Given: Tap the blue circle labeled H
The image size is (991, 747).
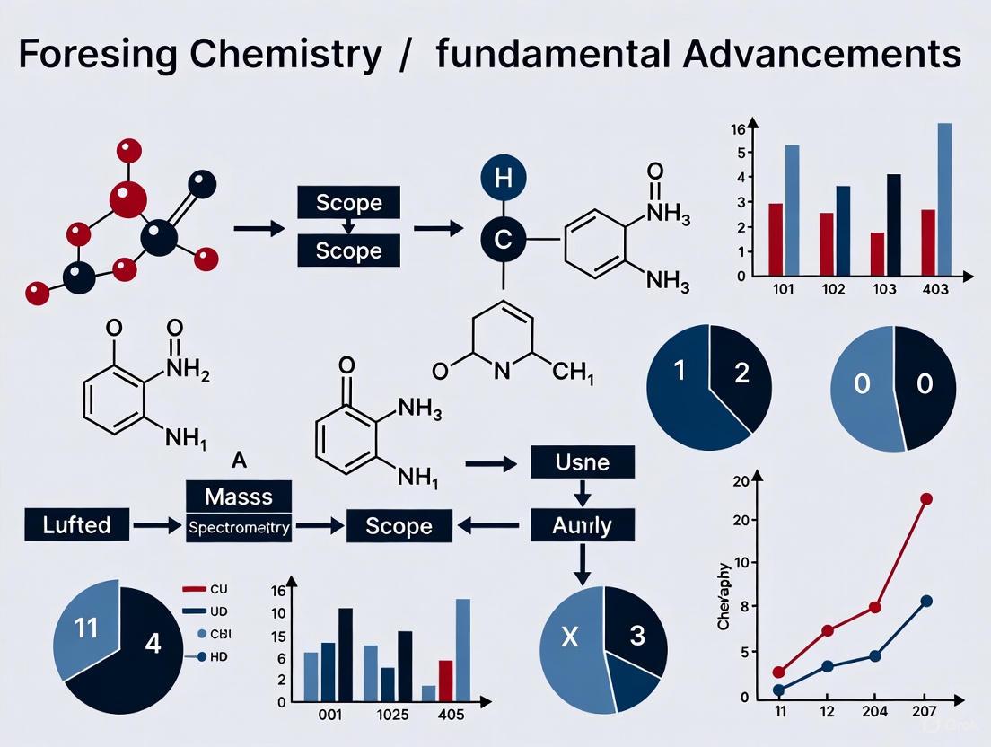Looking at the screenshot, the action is [x=504, y=178].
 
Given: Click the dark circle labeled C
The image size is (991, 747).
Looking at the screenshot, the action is [x=504, y=240].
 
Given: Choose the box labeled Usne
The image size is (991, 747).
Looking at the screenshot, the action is [x=583, y=463].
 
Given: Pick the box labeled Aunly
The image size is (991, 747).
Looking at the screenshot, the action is [x=583, y=524].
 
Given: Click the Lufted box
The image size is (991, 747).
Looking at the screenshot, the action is [x=77, y=524].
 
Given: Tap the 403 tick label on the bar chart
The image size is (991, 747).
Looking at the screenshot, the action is [x=934, y=291].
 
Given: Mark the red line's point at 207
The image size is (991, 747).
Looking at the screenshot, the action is [x=926, y=499].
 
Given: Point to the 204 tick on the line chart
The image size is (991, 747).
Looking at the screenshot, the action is [x=874, y=711].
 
